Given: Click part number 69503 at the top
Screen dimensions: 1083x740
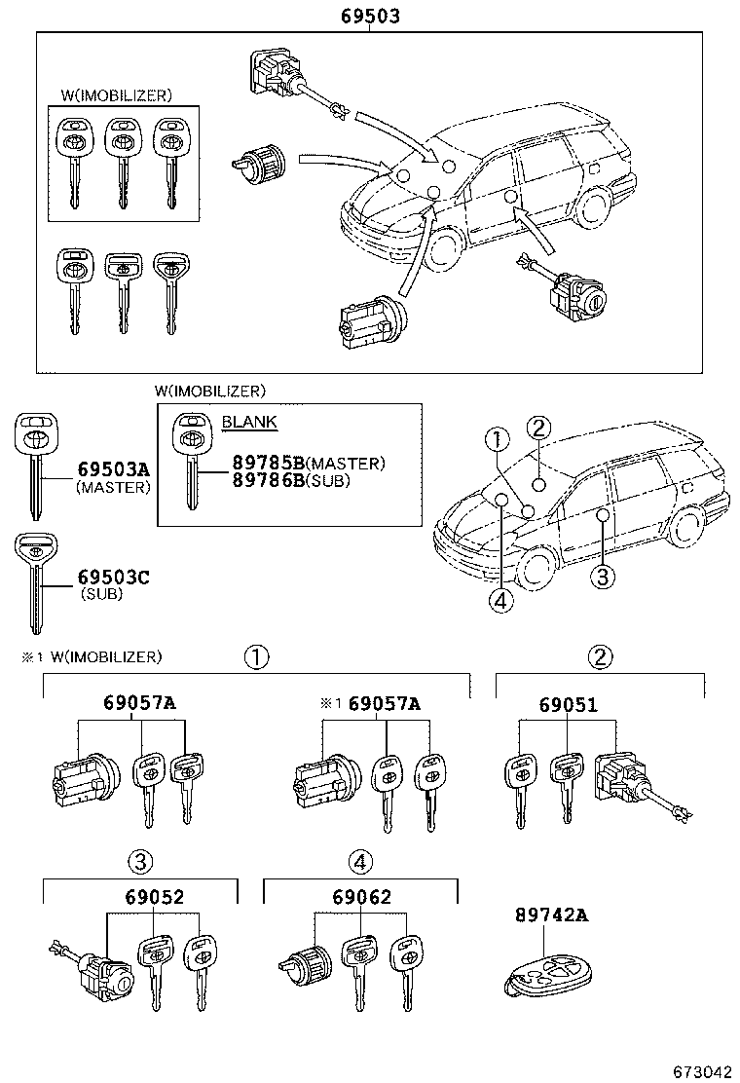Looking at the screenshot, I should (370, 17).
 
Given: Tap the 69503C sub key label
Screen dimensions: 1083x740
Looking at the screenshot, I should (114, 579).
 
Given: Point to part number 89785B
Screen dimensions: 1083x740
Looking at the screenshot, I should (269, 464).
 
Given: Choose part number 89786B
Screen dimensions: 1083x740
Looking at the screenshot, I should (269, 480).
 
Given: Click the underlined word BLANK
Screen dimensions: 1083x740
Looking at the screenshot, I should (249, 422).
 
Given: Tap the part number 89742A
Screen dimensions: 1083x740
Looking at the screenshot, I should (552, 915).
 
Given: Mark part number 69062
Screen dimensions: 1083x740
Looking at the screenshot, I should (360, 896).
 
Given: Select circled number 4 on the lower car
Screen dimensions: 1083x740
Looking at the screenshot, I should (500, 602).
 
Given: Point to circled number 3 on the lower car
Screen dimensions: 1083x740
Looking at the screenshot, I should (603, 577).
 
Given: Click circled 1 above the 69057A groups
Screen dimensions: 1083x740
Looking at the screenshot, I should (256, 657).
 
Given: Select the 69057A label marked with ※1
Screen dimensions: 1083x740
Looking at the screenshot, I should (384, 704).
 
